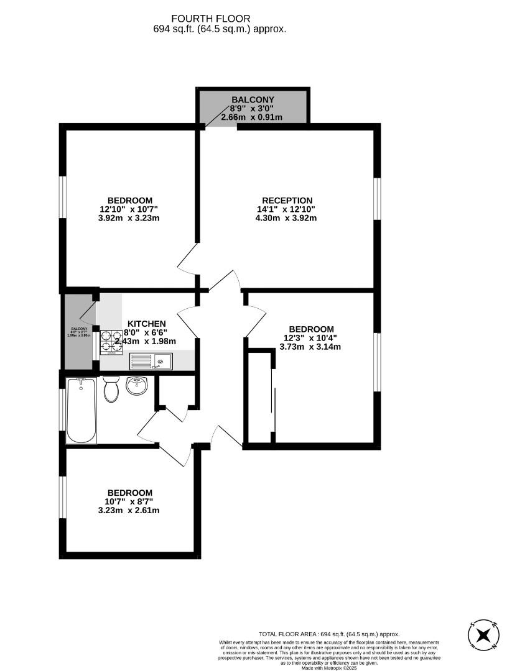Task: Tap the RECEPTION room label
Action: click(287, 200)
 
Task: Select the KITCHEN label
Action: click(147, 324)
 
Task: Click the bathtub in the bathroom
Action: click(81, 410)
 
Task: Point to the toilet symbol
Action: click(112, 389)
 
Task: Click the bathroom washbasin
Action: click(137, 386)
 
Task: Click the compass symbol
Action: click(483, 636)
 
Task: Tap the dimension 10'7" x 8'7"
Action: click(129, 501)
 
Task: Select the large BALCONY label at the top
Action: click(253, 99)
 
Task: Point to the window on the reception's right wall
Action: click(378, 199)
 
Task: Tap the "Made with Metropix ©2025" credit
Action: click(329, 668)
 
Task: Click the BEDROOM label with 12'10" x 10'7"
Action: click(130, 200)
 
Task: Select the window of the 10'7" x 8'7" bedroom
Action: click(62, 497)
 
